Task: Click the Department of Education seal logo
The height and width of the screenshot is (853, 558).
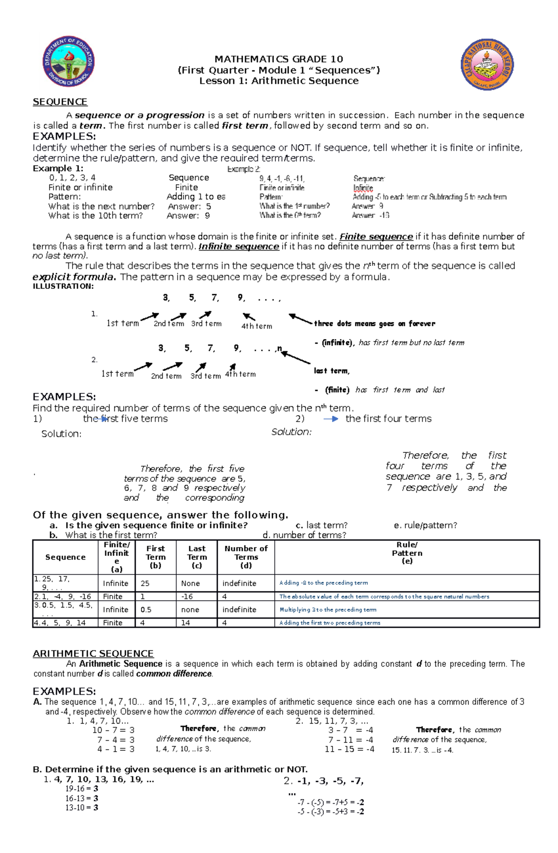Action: click(69, 61)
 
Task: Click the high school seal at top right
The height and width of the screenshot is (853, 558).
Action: click(487, 64)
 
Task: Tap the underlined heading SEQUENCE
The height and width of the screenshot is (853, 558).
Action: click(60, 102)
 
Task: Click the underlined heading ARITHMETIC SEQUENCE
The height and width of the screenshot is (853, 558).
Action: click(93, 654)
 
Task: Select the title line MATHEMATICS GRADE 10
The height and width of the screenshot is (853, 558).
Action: click(279, 59)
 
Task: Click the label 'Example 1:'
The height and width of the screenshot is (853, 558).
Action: click(58, 168)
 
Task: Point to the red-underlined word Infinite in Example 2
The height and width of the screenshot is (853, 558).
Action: click(363, 188)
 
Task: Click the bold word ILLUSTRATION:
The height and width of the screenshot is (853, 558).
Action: click(63, 286)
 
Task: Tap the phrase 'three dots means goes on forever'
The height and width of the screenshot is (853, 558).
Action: click(375, 324)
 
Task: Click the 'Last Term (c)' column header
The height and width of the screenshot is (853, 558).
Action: click(197, 557)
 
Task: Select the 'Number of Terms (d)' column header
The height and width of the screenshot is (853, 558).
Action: click(246, 557)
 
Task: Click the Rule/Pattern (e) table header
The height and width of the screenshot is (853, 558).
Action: click(407, 553)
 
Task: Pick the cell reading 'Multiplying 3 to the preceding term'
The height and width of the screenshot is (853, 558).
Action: click(328, 609)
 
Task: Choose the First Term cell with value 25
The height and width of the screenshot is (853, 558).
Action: click(145, 583)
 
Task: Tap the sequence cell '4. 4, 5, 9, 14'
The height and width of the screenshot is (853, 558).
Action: click(60, 623)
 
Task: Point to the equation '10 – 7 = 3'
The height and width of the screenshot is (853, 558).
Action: click(113, 730)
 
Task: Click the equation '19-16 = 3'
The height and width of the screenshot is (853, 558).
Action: click(82, 788)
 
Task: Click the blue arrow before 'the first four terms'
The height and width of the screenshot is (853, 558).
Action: click(331, 419)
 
